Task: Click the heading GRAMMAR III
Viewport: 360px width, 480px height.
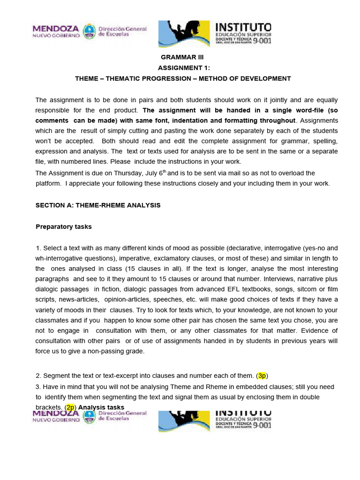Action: (x=176, y=57)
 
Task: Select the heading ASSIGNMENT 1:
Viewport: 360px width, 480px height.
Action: (x=180, y=67)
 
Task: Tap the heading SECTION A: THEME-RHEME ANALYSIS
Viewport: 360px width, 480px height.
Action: (x=98, y=205)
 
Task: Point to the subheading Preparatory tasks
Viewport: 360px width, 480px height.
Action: (x=64, y=226)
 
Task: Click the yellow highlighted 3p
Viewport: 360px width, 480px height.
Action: (x=262, y=375)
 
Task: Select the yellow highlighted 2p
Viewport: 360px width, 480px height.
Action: (x=71, y=407)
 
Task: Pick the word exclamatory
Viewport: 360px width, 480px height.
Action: (x=192, y=258)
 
